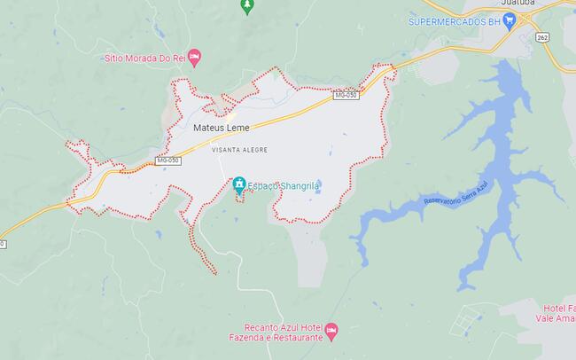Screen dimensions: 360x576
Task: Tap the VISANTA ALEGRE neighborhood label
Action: (x=239, y=150)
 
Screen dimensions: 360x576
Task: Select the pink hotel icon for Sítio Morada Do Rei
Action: (x=195, y=58)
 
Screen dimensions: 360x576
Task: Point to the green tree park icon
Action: (x=247, y=5)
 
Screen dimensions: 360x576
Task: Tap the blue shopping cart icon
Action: (x=509, y=20)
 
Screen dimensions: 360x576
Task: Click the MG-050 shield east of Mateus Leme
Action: (x=346, y=95)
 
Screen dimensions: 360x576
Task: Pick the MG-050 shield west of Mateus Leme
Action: (x=167, y=160)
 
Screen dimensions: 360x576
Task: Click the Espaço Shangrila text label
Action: (x=278, y=185)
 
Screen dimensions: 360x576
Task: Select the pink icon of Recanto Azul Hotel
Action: (x=331, y=331)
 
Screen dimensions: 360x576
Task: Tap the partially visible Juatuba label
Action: (x=518, y=3)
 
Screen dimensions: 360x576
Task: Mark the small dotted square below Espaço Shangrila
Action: (x=239, y=194)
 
